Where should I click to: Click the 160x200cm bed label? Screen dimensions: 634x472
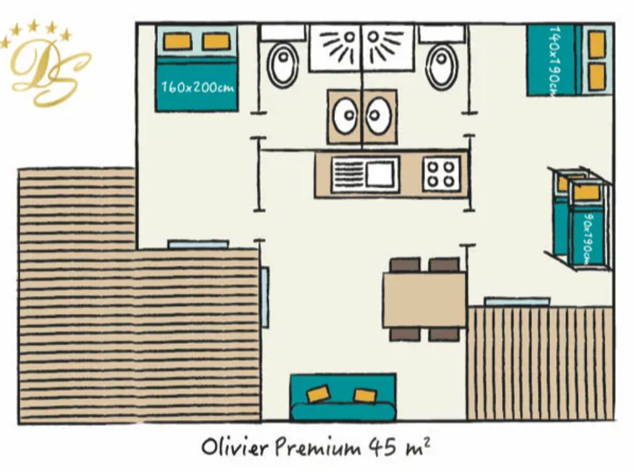coord(198,87)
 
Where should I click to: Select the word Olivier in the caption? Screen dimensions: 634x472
coord(235,447)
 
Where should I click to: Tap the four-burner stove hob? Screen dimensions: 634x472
coord(441,174)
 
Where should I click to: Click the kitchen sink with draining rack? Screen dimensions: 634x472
coord(364,174)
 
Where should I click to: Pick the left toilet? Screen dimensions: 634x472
coord(284,65)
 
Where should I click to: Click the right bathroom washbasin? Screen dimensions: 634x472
coord(378,116)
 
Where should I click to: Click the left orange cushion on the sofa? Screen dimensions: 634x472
coord(319,393)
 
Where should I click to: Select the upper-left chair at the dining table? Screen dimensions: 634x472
coord(405,265)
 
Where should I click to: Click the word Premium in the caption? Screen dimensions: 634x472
coord(318,447)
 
